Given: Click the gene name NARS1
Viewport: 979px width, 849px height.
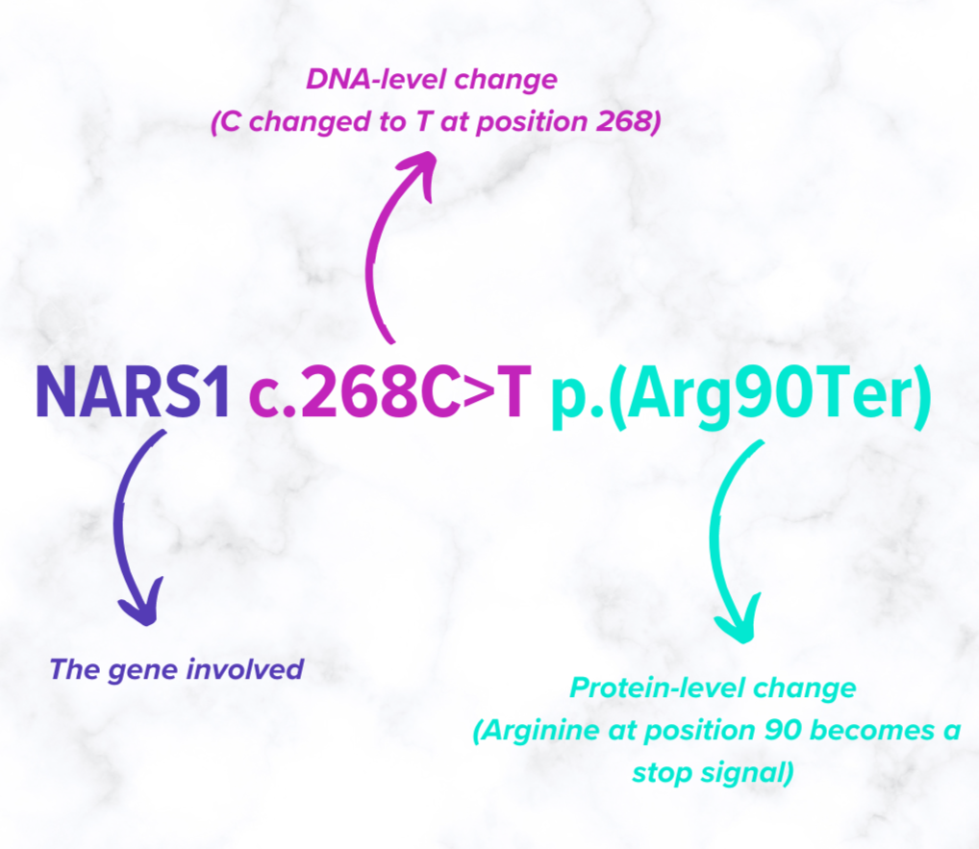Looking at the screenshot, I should pyautogui.click(x=133, y=393).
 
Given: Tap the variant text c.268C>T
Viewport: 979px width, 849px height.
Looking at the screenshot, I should pyautogui.click(x=389, y=393).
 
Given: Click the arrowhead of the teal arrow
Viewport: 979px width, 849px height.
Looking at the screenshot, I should pyautogui.click(x=739, y=623).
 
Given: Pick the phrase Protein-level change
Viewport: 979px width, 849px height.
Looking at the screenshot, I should pyautogui.click(x=712, y=688).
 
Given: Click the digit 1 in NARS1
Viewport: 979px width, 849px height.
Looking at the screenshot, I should pyautogui.click(x=216, y=393).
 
